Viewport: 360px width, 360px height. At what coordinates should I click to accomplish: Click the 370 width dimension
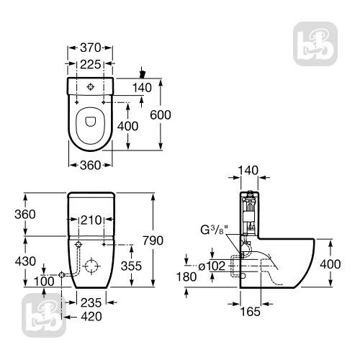tap(90, 48)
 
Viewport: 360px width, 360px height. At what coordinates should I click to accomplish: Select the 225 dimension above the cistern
tap(90, 64)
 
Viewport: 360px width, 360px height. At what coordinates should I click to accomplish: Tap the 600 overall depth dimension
tap(161, 114)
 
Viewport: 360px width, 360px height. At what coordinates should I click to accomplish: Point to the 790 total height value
tap(153, 240)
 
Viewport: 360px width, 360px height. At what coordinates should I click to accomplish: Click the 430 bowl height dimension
tap(25, 261)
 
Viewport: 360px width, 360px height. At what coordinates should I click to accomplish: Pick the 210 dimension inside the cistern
tap(91, 220)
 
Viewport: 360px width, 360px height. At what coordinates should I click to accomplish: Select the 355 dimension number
tap(131, 266)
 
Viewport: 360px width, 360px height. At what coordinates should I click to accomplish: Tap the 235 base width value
tap(91, 303)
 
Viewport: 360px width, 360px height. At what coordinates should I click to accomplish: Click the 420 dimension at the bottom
tap(91, 317)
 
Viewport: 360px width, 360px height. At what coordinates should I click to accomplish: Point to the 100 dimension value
tap(44, 282)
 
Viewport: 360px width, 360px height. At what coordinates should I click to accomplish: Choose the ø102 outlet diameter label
tap(212, 266)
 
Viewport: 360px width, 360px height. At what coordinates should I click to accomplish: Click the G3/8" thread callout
tap(215, 230)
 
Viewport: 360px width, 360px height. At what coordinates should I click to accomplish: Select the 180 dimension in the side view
tap(186, 276)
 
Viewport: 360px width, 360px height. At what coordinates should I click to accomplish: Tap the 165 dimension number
tap(251, 312)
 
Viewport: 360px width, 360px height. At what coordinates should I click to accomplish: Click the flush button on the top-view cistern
tap(90, 87)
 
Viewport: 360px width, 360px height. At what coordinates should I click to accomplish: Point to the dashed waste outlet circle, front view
tap(91, 266)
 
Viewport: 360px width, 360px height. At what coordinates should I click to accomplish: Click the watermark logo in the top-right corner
tap(315, 44)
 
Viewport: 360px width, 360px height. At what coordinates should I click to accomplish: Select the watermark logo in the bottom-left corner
tap(44, 315)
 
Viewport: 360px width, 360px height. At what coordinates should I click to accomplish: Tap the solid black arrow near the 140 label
tap(143, 73)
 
